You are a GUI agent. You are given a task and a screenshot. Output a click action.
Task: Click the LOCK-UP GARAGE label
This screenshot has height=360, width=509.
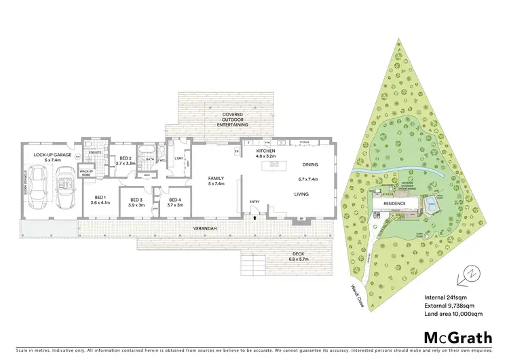[x=49, y=155]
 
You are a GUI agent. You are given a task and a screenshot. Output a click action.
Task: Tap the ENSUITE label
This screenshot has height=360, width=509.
[x=94, y=154]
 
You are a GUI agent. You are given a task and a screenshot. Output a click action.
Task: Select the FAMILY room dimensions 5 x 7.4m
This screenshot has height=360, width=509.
[x=216, y=183]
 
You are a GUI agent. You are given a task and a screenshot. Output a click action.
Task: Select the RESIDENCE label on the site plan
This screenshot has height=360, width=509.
[x=394, y=203]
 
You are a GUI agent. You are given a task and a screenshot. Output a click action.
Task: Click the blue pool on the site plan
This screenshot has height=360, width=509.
[x=432, y=201]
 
